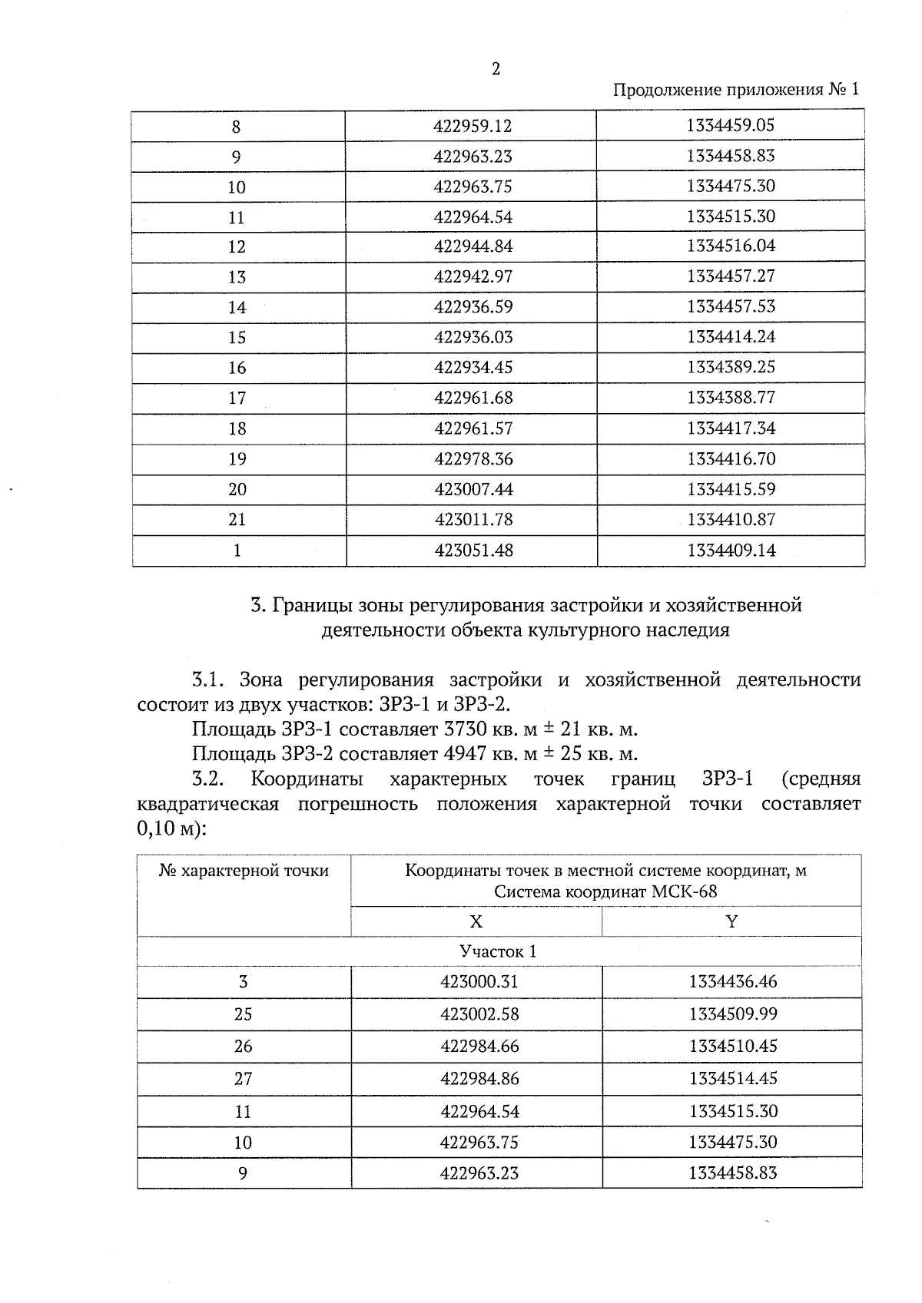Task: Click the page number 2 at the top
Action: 496,69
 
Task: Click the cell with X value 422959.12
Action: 472,126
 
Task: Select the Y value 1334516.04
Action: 731,246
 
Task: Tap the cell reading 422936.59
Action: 472,307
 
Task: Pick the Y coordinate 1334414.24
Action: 731,336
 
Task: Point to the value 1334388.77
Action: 731,397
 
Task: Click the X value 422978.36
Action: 472,458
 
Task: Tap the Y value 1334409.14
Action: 731,550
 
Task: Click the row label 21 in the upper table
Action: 237,519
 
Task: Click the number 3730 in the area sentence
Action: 463,729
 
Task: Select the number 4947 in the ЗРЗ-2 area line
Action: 463,753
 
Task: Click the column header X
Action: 476,921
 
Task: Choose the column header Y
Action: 731,921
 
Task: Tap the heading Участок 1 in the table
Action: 498,951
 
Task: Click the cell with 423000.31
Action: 479,981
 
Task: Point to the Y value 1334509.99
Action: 732,1014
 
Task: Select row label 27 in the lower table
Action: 243,1078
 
